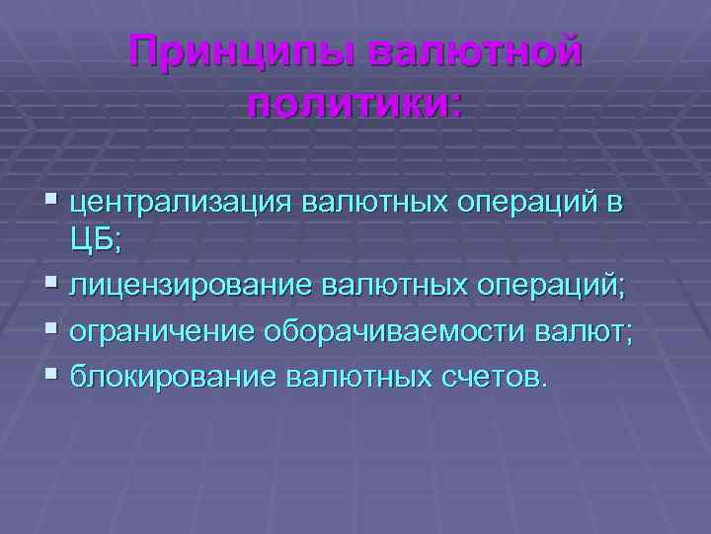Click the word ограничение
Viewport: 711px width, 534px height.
[x=161, y=330]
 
